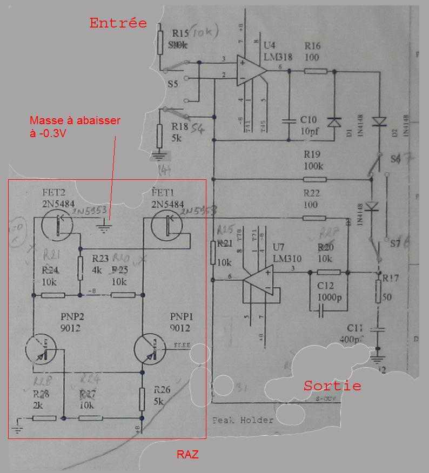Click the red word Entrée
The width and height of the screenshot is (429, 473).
click(x=118, y=23)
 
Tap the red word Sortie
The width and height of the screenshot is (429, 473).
click(x=332, y=386)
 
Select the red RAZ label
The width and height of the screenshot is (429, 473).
click(x=187, y=455)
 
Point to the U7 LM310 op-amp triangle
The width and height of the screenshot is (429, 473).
click(x=258, y=280)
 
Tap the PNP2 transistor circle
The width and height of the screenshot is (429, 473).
click(x=41, y=348)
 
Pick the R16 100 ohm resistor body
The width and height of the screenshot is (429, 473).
click(x=315, y=71)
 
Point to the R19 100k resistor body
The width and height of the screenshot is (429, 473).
click(x=314, y=180)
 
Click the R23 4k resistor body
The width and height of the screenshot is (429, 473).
click(x=80, y=268)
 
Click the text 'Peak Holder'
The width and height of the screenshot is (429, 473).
click(x=242, y=420)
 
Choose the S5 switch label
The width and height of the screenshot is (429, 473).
click(x=172, y=84)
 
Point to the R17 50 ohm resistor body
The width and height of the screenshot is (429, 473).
click(x=379, y=292)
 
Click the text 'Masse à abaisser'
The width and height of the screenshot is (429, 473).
click(x=75, y=120)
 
